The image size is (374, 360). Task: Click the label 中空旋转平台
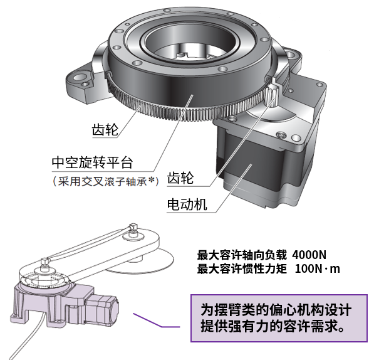(92, 162)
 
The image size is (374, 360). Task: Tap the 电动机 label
(187, 204)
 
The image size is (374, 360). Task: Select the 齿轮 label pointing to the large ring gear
(105, 130)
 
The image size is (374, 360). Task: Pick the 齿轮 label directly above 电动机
(180, 178)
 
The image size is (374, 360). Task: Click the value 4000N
(309, 255)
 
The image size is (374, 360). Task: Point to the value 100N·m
(317, 269)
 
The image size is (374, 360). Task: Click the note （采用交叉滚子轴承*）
(106, 182)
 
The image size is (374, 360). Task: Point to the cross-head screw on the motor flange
(281, 135)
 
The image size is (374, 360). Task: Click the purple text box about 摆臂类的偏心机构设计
(279, 318)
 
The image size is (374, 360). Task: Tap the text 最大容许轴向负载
(242, 255)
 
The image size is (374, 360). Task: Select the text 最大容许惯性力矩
(242, 269)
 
